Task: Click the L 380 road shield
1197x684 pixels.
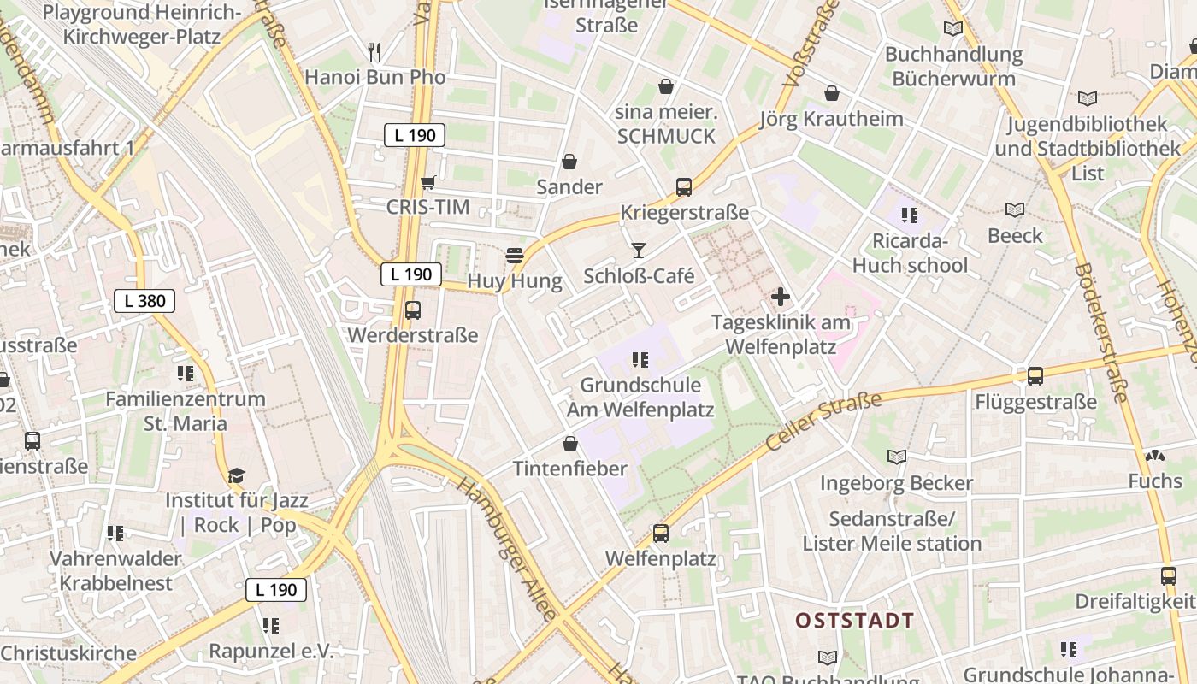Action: click(144, 301)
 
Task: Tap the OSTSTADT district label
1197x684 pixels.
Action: click(854, 621)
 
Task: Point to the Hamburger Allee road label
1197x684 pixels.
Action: click(507, 547)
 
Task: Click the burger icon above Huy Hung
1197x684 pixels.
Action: click(514, 255)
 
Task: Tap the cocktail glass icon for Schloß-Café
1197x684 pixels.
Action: click(638, 250)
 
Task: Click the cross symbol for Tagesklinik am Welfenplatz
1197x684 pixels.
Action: click(781, 298)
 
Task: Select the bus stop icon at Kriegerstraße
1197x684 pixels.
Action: click(684, 186)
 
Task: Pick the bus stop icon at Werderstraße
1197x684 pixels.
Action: click(413, 310)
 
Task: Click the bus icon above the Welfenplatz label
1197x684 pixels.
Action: click(661, 534)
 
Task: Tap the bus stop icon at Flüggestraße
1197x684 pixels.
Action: click(1035, 375)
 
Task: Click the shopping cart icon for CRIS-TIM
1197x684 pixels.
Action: click(428, 181)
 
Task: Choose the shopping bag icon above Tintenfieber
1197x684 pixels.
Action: click(570, 444)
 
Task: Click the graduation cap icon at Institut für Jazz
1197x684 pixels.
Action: click(236, 475)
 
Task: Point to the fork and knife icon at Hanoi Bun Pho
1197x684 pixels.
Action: click(374, 51)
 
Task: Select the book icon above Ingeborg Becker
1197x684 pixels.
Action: click(896, 457)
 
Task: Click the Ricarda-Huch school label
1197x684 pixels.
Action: click(910, 253)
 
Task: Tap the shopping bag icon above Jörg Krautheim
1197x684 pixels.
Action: click(831, 93)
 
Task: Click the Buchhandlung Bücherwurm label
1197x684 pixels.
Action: click(953, 67)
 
